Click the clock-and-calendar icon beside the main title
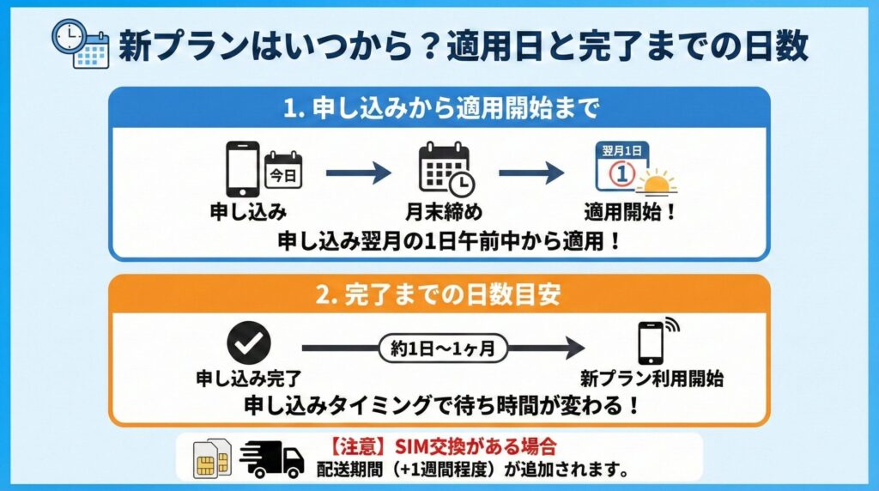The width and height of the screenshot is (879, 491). click(80, 42)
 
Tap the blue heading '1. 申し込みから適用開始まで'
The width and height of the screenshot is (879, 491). click(439, 108)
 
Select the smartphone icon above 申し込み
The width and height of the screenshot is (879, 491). click(242, 169)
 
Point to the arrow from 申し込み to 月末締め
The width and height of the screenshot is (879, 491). click(358, 173)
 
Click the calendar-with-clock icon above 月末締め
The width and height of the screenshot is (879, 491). click(444, 168)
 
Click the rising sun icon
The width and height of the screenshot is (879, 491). click(659, 182)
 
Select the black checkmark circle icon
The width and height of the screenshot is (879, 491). click(248, 343)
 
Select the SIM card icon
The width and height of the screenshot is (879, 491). click(211, 457)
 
